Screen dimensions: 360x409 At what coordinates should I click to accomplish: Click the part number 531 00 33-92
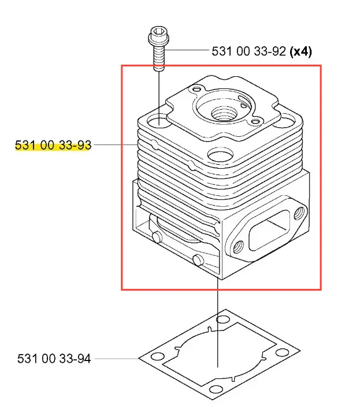pos(248,51)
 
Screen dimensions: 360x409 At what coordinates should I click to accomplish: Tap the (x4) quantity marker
pos(301,51)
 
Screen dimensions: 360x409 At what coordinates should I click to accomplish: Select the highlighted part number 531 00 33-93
pos(53,145)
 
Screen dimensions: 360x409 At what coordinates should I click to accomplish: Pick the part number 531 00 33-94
pos(54,358)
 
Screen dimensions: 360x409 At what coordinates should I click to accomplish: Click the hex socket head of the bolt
pos(158,36)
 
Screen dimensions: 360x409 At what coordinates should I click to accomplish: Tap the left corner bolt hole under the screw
pos(159,121)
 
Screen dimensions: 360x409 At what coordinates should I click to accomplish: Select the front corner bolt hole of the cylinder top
pos(220,155)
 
